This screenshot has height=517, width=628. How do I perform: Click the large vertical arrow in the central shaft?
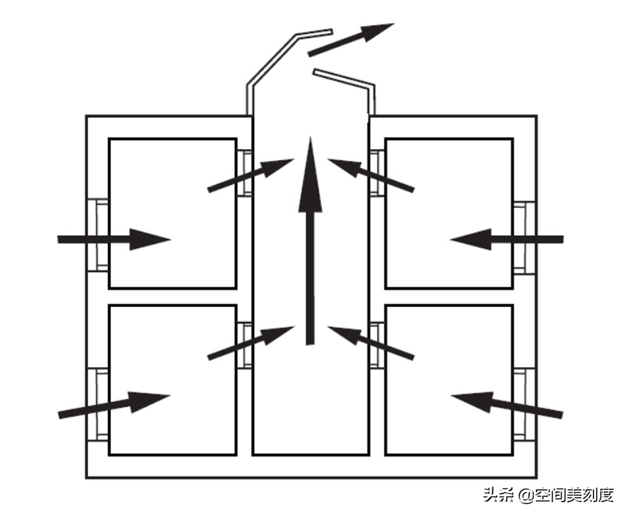[x=310, y=241]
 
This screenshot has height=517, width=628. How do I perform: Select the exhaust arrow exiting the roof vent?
[x=351, y=40]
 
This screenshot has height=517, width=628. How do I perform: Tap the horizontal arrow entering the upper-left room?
[x=114, y=239]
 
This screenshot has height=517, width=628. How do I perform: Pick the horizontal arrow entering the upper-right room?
[x=507, y=239]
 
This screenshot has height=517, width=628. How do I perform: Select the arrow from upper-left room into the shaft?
[x=251, y=175]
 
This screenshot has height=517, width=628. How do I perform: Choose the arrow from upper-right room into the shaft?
[x=371, y=175]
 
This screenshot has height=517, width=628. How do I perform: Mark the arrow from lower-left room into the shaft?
[x=251, y=343]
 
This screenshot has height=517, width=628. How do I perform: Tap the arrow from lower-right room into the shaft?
[x=371, y=343]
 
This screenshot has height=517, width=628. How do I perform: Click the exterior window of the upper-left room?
[x=98, y=235]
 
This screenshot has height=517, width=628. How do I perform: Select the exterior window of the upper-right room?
[x=524, y=237]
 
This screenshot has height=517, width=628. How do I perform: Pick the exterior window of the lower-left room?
[x=98, y=405]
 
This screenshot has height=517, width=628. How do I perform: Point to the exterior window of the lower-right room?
[x=524, y=405]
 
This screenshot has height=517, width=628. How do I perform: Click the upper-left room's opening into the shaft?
[x=245, y=173]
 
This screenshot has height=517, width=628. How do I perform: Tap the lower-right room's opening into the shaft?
[x=377, y=345]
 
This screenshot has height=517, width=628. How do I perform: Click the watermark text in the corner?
[x=549, y=495]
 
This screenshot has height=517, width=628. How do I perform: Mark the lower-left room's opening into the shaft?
[x=245, y=345]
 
